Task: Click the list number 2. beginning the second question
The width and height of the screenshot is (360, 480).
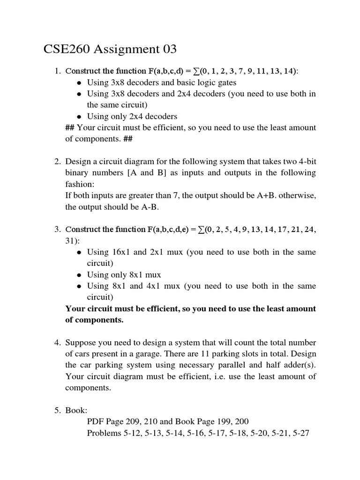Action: tap(57, 161)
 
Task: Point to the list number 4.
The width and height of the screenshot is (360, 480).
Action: tap(57, 343)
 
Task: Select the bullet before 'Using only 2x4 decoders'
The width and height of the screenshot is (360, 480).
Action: tap(80, 117)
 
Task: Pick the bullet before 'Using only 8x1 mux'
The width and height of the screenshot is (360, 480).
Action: tap(80, 275)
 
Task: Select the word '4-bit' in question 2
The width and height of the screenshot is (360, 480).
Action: tap(306, 161)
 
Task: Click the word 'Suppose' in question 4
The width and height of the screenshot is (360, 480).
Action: tap(81, 343)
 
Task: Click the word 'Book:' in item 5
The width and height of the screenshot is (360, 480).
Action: tap(76, 411)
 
